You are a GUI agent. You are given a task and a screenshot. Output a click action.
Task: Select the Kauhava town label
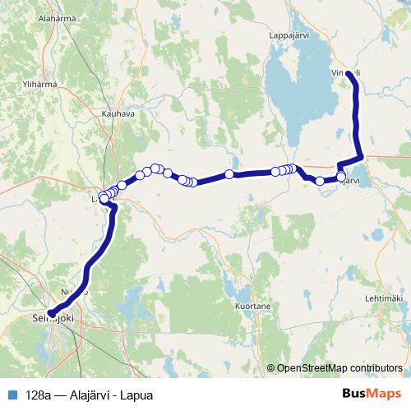[x=118, y=113]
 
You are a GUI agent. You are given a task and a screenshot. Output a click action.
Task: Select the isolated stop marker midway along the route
[x=229, y=174]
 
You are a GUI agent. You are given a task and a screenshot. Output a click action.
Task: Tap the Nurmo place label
[x=74, y=292]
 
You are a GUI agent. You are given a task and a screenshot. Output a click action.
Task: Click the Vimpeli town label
[x=345, y=72]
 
